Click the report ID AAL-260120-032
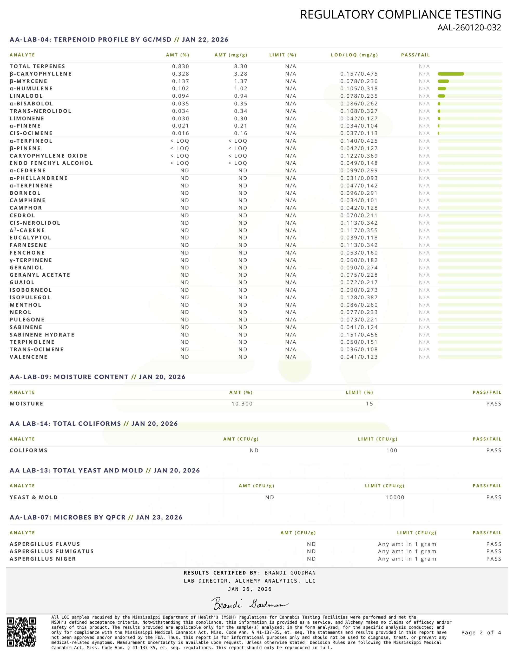point(469,28)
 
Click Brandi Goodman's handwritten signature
point(249,603)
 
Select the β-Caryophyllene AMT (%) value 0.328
point(180,74)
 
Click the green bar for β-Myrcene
point(443,81)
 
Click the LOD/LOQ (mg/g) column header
point(354,55)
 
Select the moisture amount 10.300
point(242,404)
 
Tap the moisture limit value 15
point(369,404)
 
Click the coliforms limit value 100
point(392,450)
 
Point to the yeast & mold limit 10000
point(395,497)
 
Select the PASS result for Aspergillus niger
point(493,559)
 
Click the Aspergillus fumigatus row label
point(51,551)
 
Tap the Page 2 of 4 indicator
point(481,633)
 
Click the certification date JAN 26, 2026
point(249,589)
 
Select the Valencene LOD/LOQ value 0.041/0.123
point(359,357)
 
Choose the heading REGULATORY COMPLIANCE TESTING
point(400,15)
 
